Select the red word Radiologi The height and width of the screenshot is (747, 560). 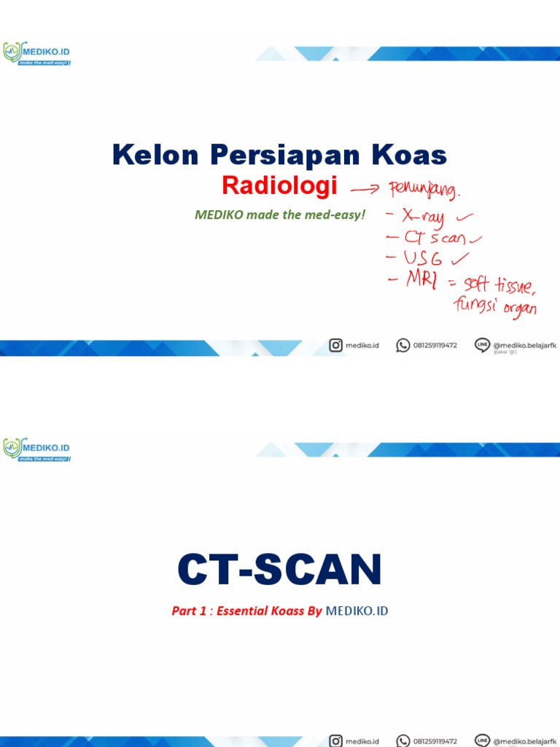click(279, 187)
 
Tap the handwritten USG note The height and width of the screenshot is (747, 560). click(423, 258)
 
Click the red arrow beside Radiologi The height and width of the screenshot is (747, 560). click(366, 190)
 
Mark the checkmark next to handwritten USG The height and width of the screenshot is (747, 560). click(461, 258)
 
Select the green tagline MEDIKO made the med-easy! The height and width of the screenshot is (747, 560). click(279, 215)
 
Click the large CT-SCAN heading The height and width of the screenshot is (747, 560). click(279, 570)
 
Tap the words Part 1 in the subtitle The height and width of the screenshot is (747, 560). click(189, 611)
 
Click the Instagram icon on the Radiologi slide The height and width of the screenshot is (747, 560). click(335, 345)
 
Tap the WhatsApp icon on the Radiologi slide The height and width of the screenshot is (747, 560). click(402, 345)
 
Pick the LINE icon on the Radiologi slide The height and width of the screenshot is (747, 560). click(481, 345)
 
